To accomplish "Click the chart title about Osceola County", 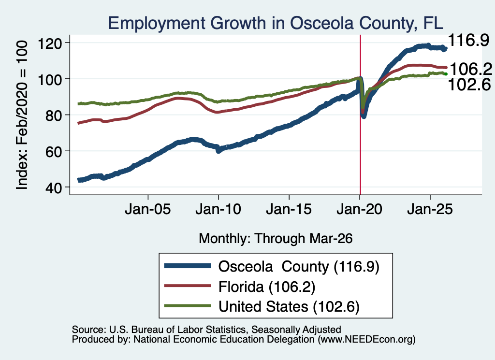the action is tap(276, 23).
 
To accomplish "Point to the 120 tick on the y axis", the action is tap(50, 43).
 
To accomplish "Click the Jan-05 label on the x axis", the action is tap(148, 209).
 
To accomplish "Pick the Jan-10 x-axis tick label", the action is tap(218, 209).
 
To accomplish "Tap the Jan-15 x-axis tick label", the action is tap(289, 209).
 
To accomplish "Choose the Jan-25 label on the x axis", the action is tap(430, 209).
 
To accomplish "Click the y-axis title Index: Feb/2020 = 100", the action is tap(22, 115).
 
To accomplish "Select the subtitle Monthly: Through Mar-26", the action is tap(276, 238).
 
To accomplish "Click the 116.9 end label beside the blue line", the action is tap(468, 40).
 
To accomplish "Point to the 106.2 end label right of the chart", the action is tap(471, 69).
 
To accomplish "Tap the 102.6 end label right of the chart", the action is tap(469, 84).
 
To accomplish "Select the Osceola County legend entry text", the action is tap(299, 267).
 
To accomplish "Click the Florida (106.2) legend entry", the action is tap(267, 287).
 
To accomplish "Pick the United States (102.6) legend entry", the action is tap(289, 307).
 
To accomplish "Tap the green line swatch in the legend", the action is tap(188, 306).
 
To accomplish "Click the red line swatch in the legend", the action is tap(188, 286).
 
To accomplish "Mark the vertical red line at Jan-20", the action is tap(360, 115).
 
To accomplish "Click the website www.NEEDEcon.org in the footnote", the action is tap(366, 340).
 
